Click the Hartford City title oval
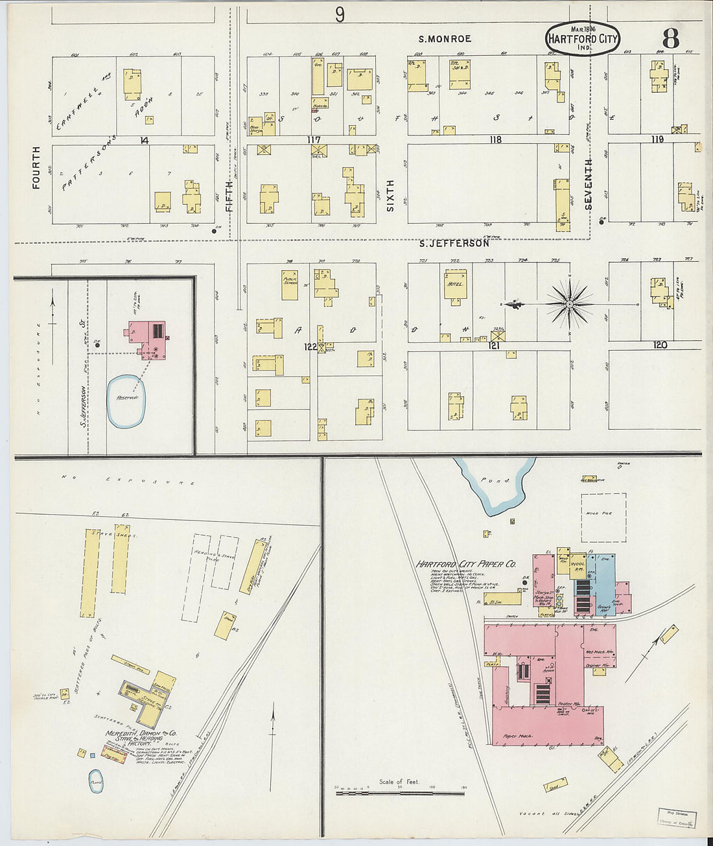coord(583,38)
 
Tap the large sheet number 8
coord(670,39)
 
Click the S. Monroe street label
coord(445,39)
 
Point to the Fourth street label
coord(36,167)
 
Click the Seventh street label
coord(589,183)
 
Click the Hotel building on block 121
coord(455,285)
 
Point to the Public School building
coord(290,285)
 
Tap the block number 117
coord(314,139)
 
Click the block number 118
coord(496,139)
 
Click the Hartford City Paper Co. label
coord(465,564)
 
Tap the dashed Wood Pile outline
coord(603,517)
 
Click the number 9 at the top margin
coord(340,14)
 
